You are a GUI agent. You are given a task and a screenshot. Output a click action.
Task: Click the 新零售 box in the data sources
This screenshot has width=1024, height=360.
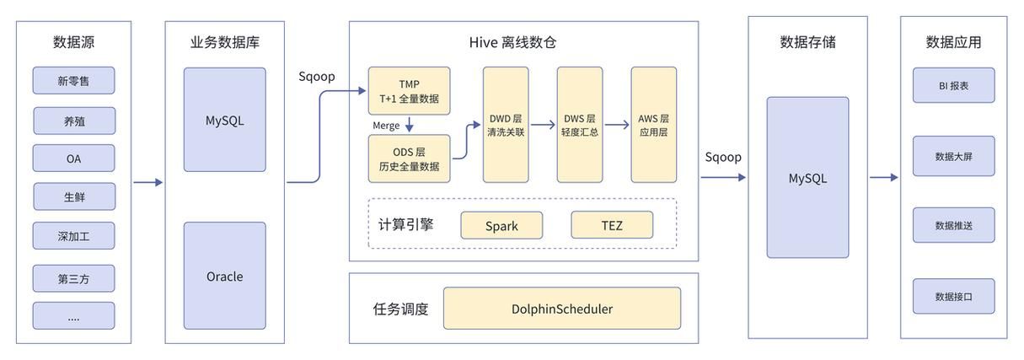pyautogui.click(x=73, y=81)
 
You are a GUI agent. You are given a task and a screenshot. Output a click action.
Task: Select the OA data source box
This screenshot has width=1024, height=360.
pyautogui.click(x=73, y=159)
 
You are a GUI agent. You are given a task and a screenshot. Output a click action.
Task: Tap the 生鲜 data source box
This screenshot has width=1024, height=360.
pyautogui.click(x=73, y=197)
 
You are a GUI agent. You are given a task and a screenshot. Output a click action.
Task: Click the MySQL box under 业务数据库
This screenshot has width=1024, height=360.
pyautogui.click(x=224, y=120)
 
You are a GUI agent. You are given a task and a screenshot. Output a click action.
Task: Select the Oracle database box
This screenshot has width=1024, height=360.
pyautogui.click(x=224, y=276)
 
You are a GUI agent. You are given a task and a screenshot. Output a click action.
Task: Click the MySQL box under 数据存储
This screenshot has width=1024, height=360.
pyautogui.click(x=807, y=178)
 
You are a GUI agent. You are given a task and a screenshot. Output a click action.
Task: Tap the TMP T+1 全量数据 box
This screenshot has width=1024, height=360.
pyautogui.click(x=409, y=91)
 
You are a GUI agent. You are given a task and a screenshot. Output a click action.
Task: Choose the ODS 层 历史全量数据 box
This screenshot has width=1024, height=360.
pyautogui.click(x=409, y=159)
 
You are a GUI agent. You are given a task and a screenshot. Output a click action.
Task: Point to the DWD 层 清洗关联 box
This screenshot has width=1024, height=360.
pyautogui.click(x=506, y=125)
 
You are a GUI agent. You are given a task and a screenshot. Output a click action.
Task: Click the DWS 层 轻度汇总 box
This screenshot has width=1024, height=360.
pyautogui.click(x=580, y=125)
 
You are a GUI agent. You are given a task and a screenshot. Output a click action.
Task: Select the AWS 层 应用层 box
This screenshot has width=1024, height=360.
pyautogui.click(x=653, y=125)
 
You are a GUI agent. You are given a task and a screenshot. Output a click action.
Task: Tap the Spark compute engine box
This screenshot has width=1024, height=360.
pyautogui.click(x=501, y=226)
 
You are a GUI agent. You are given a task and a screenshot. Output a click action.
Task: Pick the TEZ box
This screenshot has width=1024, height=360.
pyautogui.click(x=612, y=226)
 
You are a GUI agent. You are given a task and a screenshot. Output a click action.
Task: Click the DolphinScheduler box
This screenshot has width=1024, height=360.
pyautogui.click(x=562, y=309)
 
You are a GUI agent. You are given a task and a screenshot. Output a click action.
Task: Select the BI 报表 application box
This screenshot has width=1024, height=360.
pyautogui.click(x=953, y=85)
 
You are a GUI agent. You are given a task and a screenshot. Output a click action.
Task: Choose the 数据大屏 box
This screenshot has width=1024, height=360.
pyautogui.click(x=953, y=156)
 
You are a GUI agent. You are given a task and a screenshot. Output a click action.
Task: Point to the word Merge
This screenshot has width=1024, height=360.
pyautogui.click(x=386, y=126)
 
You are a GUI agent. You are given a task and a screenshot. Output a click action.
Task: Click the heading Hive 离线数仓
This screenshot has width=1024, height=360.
pyautogui.click(x=523, y=42)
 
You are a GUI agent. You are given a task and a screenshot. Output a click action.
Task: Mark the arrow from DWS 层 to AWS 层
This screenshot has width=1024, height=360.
pyautogui.click(x=617, y=125)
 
